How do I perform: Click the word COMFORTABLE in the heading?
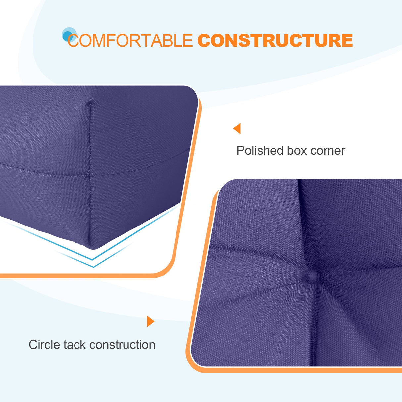[x=130, y=41]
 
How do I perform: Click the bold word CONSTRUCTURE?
[x=275, y=41]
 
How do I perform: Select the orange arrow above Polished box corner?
[x=237, y=128]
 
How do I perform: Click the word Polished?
[x=260, y=151]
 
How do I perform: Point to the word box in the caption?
[x=297, y=151]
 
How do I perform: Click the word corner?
[x=327, y=151]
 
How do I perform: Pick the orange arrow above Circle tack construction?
[x=150, y=321]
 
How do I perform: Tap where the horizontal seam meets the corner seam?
[x=89, y=174]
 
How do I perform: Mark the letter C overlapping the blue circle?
[x=73, y=41]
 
